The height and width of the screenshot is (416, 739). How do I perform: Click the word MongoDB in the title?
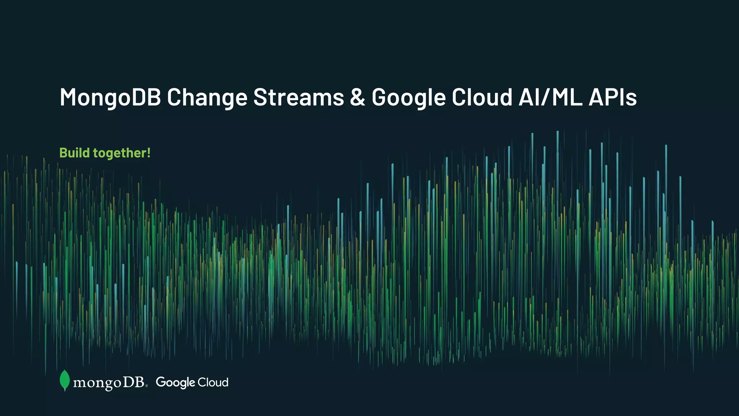click(x=110, y=97)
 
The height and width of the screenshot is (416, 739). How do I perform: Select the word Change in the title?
click(x=207, y=97)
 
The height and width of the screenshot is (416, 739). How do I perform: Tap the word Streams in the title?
click(x=298, y=97)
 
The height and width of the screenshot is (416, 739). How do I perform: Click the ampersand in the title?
click(x=358, y=97)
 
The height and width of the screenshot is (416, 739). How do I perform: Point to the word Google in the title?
click(x=409, y=97)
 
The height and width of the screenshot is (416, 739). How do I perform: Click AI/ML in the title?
click(x=550, y=97)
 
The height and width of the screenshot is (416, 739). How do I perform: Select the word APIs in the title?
click(x=613, y=97)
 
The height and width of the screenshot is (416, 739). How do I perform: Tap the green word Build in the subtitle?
click(x=74, y=153)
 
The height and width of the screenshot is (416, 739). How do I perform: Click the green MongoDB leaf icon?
click(x=65, y=380)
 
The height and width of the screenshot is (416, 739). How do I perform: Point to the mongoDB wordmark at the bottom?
click(x=109, y=382)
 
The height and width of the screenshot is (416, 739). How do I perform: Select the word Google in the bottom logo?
click(x=175, y=382)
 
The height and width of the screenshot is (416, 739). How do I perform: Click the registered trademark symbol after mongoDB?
click(x=146, y=386)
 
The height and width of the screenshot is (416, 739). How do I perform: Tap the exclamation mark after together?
click(x=148, y=153)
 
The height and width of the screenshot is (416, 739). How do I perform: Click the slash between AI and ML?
click(x=546, y=97)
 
